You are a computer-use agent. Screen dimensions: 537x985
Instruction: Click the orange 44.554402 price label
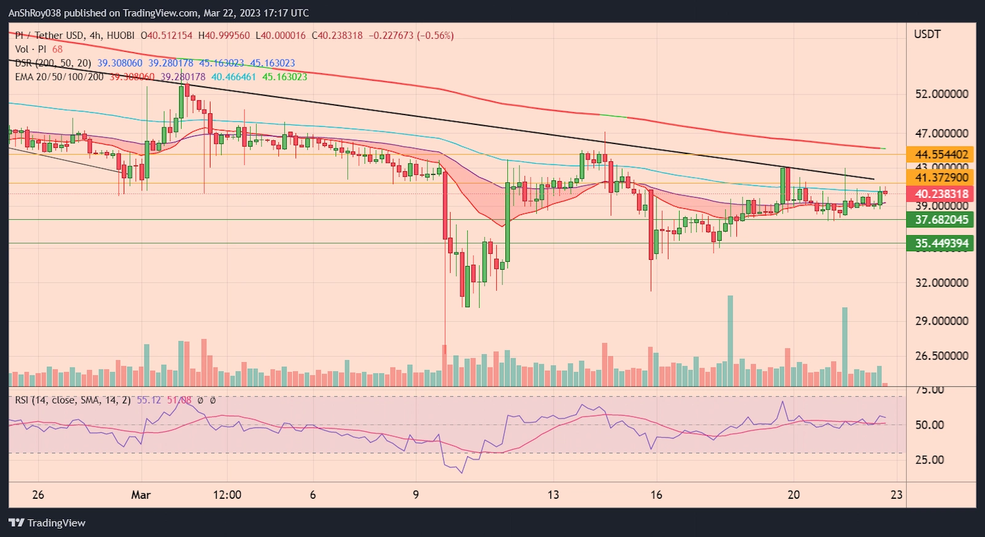pyautogui.click(x=941, y=155)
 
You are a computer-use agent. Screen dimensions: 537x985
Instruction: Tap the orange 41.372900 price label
pyautogui.click(x=941, y=178)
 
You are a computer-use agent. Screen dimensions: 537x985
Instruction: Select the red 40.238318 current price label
pyautogui.click(x=941, y=194)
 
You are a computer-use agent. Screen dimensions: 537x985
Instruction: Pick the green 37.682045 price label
pyautogui.click(x=941, y=220)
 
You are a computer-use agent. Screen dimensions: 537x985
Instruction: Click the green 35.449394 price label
pyautogui.click(x=941, y=243)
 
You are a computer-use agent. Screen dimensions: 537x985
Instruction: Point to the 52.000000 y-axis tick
pyautogui.click(x=941, y=94)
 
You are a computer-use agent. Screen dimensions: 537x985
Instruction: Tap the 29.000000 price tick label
pyautogui.click(x=941, y=321)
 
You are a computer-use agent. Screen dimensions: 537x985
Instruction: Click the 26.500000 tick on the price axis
pyautogui.click(x=941, y=356)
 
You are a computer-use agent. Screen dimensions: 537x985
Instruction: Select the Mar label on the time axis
pyautogui.click(x=141, y=495)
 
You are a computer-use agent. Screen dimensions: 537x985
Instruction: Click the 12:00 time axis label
pyautogui.click(x=227, y=495)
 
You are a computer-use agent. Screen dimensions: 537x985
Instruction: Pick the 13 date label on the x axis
pyautogui.click(x=553, y=495)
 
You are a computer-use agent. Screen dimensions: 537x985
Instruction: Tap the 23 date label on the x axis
pyautogui.click(x=896, y=495)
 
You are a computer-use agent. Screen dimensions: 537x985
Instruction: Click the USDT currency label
pyautogui.click(x=927, y=34)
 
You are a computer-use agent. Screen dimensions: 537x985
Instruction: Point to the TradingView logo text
pyautogui.click(x=56, y=523)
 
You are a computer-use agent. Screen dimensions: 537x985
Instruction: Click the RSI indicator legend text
pyautogui.click(x=73, y=400)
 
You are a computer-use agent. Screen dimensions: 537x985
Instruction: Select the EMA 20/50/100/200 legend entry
pyautogui.click(x=59, y=77)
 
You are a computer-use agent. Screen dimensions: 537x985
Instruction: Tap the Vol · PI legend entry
pyautogui.click(x=31, y=49)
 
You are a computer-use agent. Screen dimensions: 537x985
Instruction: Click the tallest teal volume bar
pyautogui.click(x=730, y=341)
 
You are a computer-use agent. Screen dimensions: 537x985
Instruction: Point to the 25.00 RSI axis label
pyautogui.click(x=930, y=460)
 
